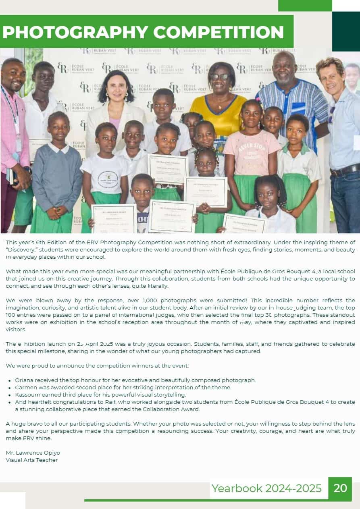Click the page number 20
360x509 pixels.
tap(340, 488)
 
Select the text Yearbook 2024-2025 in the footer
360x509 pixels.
tap(266, 488)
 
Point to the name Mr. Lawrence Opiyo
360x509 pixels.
tap(33, 453)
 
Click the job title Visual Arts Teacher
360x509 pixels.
tap(31, 460)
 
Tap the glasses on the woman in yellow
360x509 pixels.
tap(220, 77)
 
